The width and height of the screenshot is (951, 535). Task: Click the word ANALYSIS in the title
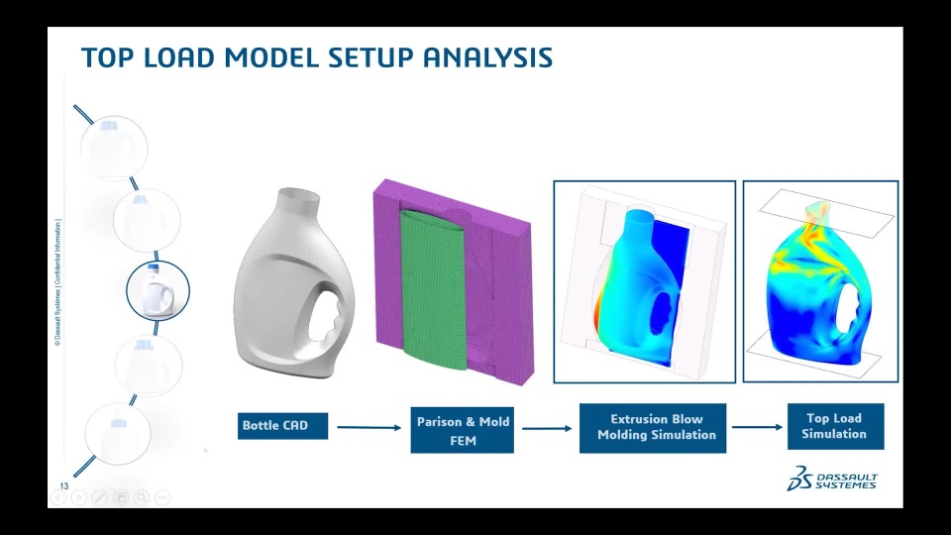point(487,57)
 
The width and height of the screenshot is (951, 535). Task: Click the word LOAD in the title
point(179,57)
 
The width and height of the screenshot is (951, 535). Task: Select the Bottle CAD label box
point(282,426)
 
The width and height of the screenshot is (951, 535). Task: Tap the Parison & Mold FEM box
point(463,430)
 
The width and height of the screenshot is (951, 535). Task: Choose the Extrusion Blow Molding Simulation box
point(653,428)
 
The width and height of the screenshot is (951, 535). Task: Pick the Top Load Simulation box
point(836,426)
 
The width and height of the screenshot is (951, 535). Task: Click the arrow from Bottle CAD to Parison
point(370,428)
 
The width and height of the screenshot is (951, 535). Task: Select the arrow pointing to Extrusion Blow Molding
point(547,428)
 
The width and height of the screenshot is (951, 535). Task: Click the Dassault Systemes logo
point(831,480)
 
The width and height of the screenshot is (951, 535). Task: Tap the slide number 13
point(64,485)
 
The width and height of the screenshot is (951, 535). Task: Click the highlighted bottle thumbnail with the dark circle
point(158,290)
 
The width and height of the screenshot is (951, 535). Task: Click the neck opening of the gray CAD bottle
point(298,195)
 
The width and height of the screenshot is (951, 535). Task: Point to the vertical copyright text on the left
point(57,282)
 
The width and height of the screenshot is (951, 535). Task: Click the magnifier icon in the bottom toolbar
point(142,497)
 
